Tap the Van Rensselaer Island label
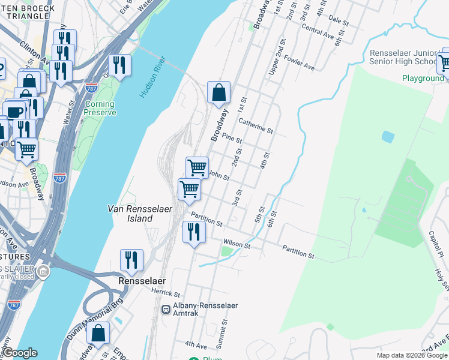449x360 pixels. [x=139, y=214]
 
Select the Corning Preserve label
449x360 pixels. [x=99, y=108]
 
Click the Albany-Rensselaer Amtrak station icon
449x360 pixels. [x=166, y=310]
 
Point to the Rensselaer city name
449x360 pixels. [x=142, y=281]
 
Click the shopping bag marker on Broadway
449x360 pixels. [x=219, y=92]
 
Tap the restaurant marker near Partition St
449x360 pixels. [x=193, y=232]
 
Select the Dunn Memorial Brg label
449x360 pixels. [x=95, y=319]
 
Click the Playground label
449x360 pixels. [x=423, y=79]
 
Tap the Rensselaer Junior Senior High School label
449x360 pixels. [x=403, y=58]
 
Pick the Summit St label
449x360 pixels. [x=224, y=328]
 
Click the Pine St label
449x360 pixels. [x=232, y=139]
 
